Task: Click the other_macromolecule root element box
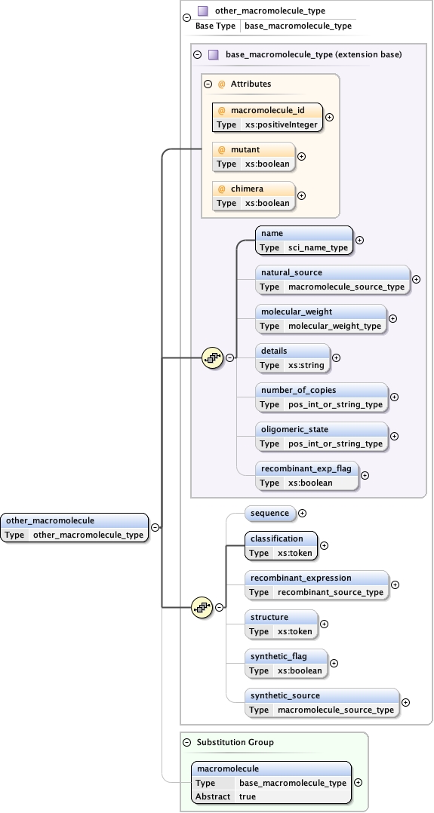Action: point(74,527)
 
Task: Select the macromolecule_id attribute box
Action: point(267,117)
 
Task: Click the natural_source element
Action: point(332,279)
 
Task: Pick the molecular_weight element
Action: point(321,318)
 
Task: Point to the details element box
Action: point(293,357)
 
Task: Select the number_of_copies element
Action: point(322,397)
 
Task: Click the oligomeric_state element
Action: point(322,436)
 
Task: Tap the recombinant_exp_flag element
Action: point(306,475)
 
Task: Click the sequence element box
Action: point(270,513)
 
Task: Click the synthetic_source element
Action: point(322,702)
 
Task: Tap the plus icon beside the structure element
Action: point(325,624)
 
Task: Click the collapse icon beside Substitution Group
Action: point(188,742)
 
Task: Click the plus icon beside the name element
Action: point(359,240)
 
